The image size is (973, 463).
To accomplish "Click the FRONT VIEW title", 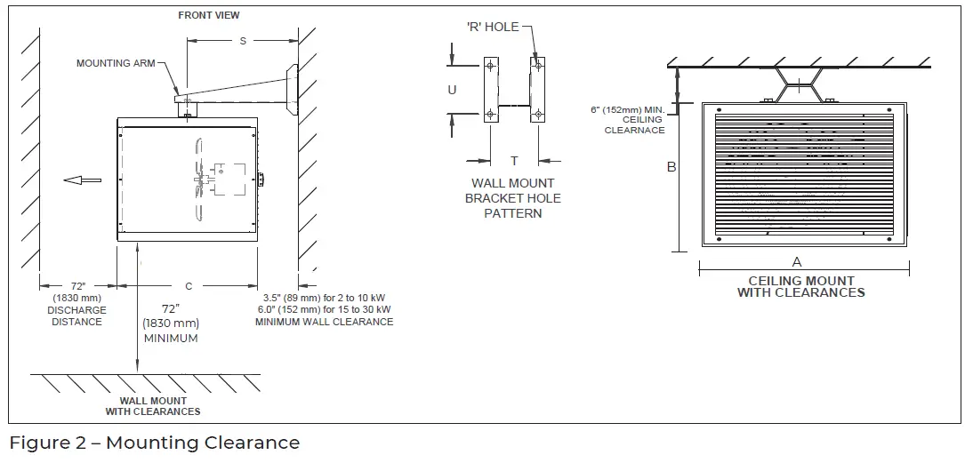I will [x=208, y=15].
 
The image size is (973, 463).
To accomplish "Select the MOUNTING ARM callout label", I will [x=116, y=63].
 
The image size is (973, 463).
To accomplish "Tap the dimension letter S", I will [x=243, y=42].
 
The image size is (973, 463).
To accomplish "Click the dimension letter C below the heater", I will [x=189, y=286].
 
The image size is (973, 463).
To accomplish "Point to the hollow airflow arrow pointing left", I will [x=82, y=180].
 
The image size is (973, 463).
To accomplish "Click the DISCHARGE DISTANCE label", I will [x=76, y=316].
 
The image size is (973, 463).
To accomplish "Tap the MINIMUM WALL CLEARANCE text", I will [x=324, y=322].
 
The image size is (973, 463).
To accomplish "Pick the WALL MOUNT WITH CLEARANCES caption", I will [x=153, y=406].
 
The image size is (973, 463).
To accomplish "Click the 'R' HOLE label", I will [x=493, y=28].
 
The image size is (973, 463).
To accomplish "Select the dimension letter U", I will [x=452, y=91].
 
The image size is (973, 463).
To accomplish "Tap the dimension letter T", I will [x=513, y=161].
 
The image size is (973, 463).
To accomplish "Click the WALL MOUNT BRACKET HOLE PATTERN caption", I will [x=513, y=198].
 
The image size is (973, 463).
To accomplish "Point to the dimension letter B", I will [x=671, y=166].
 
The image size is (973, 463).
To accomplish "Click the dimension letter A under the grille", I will [x=796, y=262].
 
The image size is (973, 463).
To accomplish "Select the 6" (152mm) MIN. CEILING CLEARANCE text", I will [x=628, y=120].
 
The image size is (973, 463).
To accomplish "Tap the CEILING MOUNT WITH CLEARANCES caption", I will [x=800, y=286].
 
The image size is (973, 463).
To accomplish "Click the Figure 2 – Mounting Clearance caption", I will [x=154, y=443].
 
